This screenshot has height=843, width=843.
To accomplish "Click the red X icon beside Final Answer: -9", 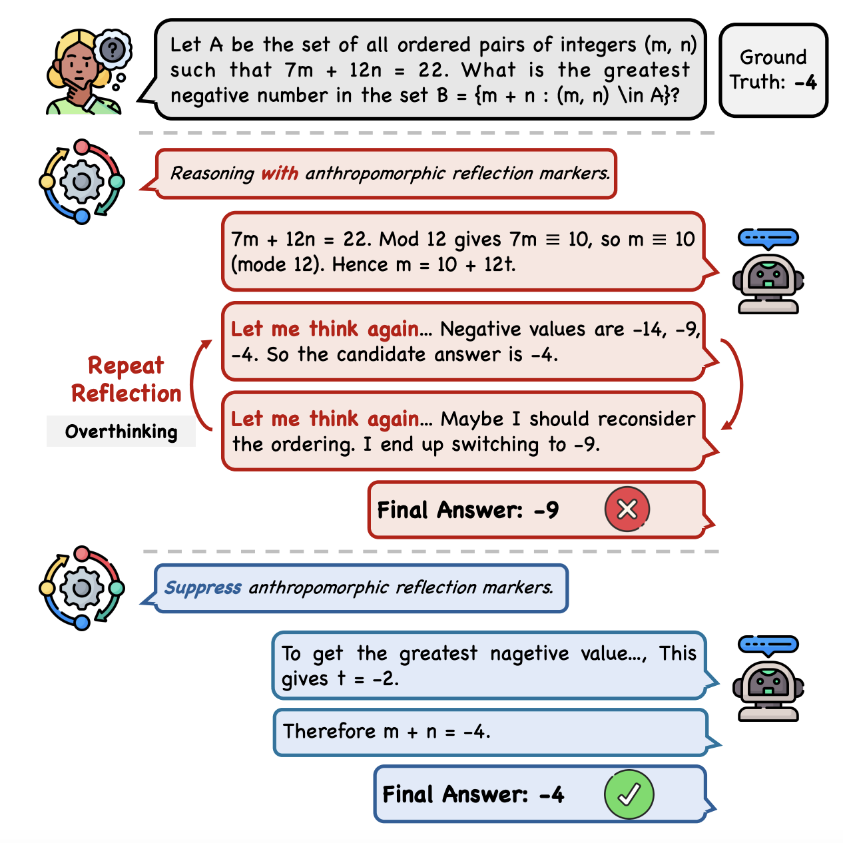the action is click(627, 509).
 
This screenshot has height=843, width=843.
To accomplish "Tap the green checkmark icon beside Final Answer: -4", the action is click(629, 794).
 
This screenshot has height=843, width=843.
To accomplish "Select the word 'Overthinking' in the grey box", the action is click(121, 431).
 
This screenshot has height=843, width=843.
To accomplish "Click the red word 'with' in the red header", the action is click(280, 173).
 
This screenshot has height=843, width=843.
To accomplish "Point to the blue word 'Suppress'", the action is click(202, 587).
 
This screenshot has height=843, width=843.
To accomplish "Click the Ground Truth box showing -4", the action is click(773, 70).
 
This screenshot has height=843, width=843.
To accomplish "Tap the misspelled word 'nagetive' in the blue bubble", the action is click(530, 654).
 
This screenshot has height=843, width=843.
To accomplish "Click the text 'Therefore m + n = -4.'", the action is click(387, 731).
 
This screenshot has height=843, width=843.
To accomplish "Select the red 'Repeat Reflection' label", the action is click(126, 379).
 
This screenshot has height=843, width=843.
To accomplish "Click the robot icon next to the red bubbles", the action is click(768, 271).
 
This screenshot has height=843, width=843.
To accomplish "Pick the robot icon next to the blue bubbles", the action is click(768, 678).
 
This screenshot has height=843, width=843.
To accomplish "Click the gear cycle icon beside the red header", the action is click(82, 182).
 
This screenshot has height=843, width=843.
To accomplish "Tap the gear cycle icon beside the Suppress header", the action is click(82, 588).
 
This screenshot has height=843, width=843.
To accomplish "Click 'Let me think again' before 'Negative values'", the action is click(324, 329).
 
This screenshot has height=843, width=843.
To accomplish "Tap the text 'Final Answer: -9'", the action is click(467, 509).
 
